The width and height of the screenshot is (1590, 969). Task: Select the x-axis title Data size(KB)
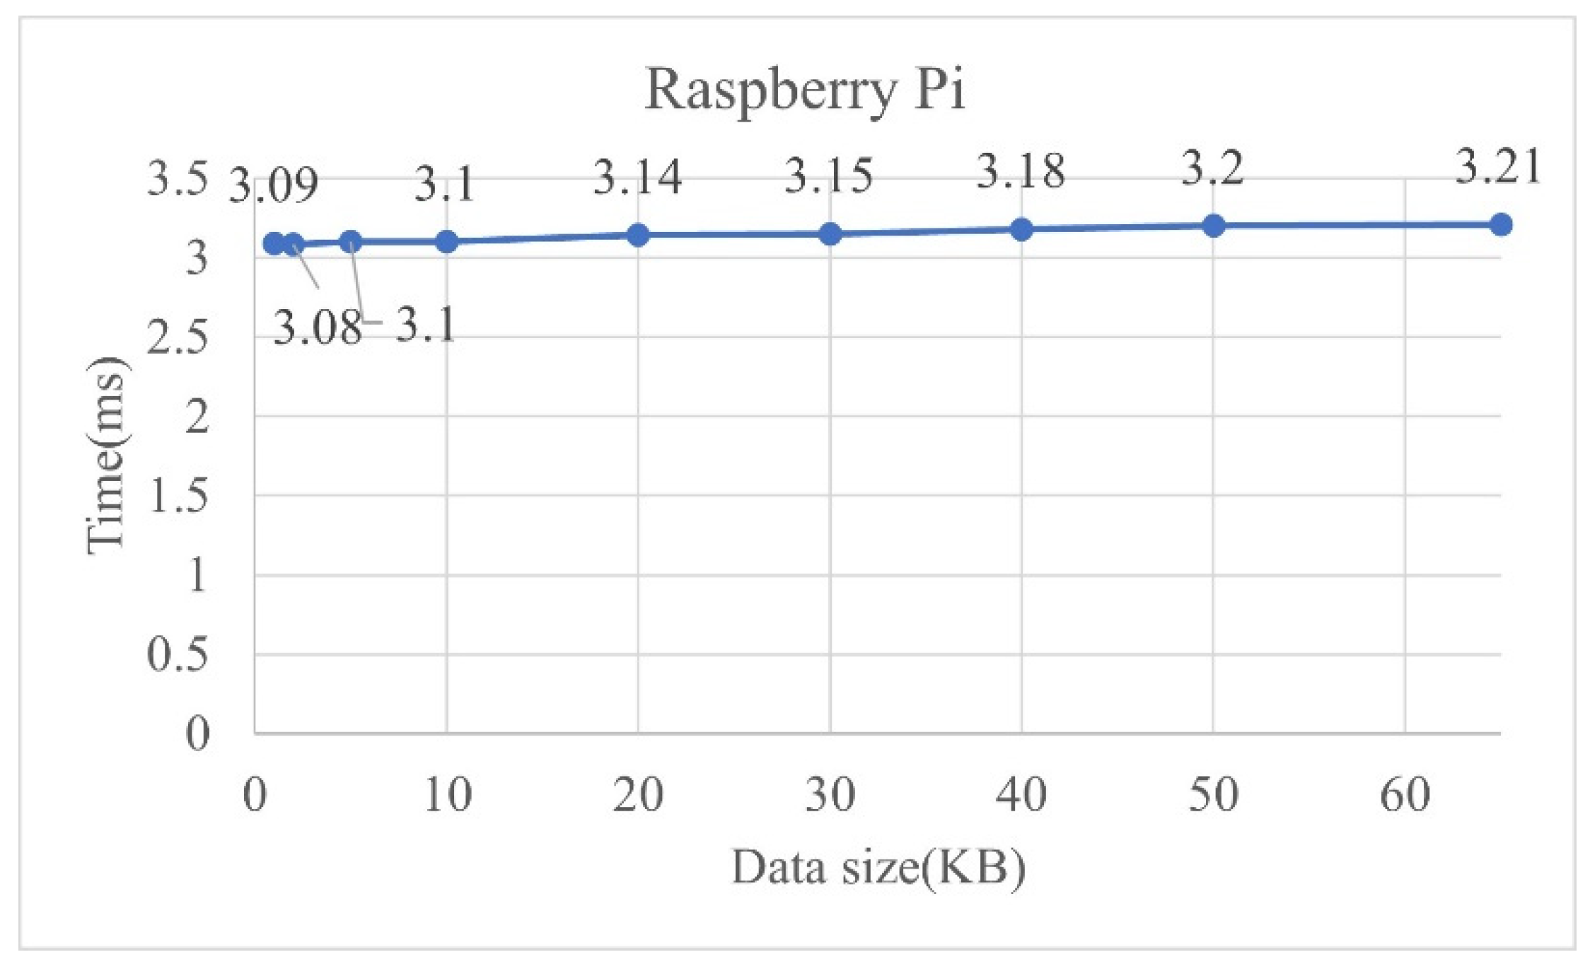878,868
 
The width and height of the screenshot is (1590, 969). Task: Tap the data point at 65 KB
1501,225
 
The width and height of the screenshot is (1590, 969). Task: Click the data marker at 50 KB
1214,226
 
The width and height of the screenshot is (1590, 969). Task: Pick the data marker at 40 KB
1021,229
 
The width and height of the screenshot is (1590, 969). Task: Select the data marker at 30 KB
830,234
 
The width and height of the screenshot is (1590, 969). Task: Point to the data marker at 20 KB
638,235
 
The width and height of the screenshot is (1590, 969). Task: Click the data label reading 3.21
1497,168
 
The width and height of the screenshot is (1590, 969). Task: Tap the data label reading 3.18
1021,172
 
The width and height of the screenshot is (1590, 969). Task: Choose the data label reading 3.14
637,177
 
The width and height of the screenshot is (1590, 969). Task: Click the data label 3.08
317,328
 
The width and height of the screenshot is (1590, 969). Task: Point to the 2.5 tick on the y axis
178,338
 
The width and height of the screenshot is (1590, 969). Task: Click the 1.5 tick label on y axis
178,497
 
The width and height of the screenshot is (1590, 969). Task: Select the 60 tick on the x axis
1405,795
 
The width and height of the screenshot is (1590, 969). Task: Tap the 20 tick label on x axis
638,795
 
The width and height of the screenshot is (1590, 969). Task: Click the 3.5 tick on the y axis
178,178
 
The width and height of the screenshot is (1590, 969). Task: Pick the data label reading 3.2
1212,170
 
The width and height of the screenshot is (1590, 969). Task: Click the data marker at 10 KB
446,242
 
